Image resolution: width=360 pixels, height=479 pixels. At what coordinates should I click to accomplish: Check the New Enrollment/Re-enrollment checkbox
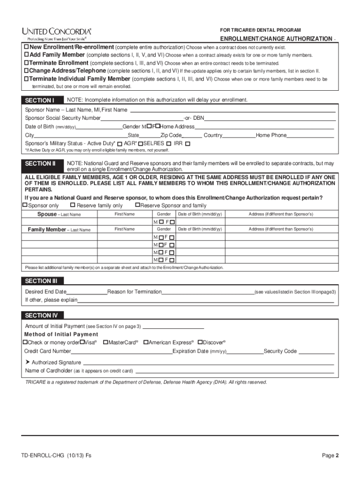click(27, 48)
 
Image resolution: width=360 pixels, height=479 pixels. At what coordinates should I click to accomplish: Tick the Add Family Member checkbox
click(27, 55)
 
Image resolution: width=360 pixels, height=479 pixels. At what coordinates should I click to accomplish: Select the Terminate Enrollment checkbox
click(27, 63)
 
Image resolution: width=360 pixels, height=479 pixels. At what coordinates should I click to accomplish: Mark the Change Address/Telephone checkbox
click(27, 71)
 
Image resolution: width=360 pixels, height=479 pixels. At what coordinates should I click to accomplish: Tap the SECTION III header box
click(43, 281)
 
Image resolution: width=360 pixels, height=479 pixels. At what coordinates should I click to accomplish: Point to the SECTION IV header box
click(43, 315)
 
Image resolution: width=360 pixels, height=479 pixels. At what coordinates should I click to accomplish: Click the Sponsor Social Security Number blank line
click(142, 118)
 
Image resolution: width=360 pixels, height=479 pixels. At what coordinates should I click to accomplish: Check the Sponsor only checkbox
click(25, 205)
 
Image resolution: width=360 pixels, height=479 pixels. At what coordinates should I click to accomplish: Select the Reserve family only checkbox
click(72, 205)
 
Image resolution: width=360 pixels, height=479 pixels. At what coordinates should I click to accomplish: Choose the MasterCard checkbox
click(106, 342)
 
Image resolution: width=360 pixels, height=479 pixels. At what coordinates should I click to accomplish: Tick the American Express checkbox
click(146, 342)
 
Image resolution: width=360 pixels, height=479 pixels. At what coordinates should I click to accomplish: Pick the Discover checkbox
click(200, 342)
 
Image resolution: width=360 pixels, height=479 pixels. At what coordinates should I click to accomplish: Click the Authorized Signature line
click(208, 363)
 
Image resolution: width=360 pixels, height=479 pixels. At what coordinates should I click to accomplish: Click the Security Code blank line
click(316, 351)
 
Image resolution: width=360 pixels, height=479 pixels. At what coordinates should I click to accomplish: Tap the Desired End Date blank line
click(87, 292)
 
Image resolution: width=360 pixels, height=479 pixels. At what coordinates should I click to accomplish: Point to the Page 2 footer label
click(330, 456)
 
